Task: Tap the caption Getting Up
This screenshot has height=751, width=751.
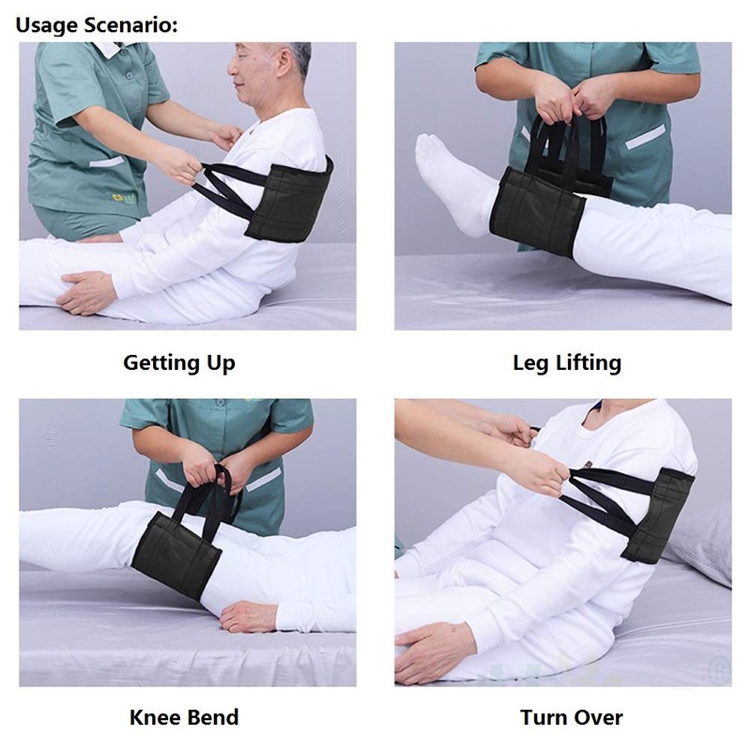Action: tap(179, 362)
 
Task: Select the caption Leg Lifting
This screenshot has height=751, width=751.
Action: tap(567, 362)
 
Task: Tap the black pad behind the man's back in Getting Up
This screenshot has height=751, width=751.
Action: tap(289, 200)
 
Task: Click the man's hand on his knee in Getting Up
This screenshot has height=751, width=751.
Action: tap(88, 290)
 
